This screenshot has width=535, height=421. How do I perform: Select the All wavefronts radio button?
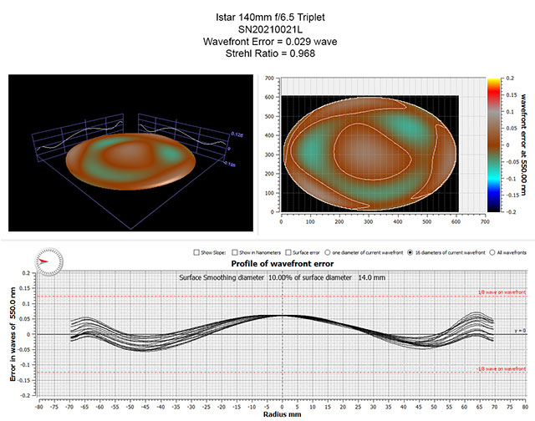pos(498,251)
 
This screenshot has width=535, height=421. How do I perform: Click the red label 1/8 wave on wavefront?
pos(502,292)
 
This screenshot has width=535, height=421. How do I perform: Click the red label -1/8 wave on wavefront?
pos(501,368)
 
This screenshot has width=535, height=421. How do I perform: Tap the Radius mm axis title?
pos(283,413)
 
